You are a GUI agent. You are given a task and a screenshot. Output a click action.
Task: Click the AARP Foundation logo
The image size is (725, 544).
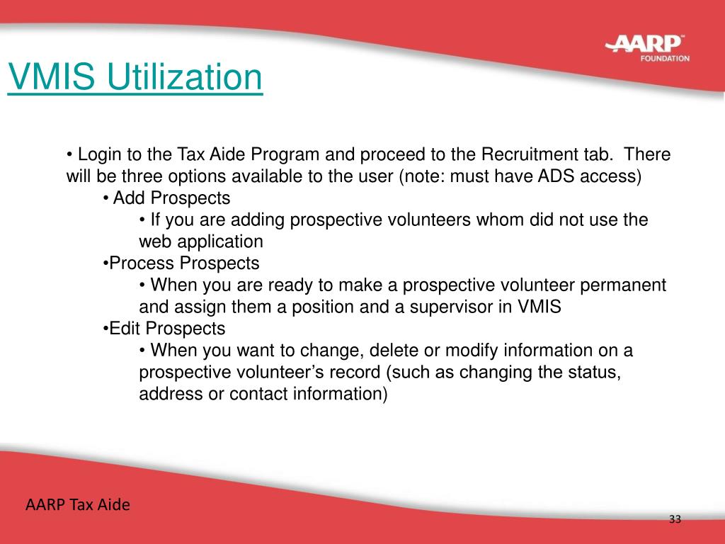646,48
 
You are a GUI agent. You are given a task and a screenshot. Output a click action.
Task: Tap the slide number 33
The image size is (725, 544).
674,521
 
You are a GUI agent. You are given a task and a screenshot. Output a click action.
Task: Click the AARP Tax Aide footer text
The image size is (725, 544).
78,506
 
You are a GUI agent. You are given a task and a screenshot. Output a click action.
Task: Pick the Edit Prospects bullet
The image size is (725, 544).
166,329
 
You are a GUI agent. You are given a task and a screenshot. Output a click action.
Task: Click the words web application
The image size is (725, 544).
201,242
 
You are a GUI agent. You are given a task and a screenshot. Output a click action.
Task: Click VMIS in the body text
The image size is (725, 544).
538,307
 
